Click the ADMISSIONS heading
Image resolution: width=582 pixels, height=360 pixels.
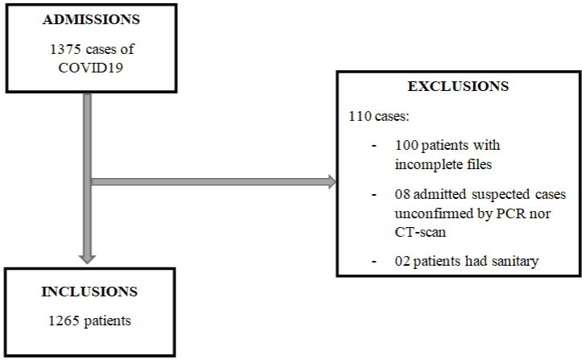pos(91,19)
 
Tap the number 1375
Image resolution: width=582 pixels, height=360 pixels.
pos(65,49)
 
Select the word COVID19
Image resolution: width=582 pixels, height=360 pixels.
pos(91,68)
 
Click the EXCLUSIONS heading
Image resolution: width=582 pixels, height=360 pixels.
pos(458,86)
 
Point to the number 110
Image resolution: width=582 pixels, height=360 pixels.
pos(360,116)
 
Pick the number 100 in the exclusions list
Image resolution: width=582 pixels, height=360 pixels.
pos(407,145)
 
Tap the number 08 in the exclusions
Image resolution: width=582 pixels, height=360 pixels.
pos(402,194)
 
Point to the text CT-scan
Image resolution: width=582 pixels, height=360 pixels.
pos(420,232)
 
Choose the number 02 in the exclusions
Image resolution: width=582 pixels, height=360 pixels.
pos(402,261)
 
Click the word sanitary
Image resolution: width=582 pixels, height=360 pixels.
pos(515,262)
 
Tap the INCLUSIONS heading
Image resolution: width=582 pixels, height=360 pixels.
pos(89,292)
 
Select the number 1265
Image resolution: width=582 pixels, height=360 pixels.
pos(64,321)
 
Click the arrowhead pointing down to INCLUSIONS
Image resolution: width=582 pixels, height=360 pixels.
pos(87,259)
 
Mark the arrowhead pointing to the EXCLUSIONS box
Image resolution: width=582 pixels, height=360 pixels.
pos(332,182)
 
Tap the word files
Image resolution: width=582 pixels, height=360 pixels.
pos(480,164)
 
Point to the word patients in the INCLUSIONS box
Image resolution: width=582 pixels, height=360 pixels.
pos(108,321)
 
